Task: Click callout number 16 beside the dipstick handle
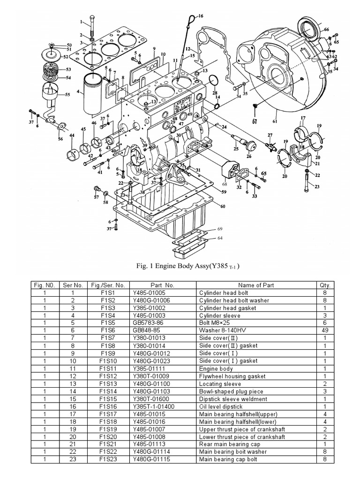[x=201, y=16]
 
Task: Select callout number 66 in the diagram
[x=326, y=30]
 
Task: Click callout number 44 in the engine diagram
[x=72, y=135]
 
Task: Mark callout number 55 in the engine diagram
[x=68, y=95]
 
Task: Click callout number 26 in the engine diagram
[x=249, y=157]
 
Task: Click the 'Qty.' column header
[x=324, y=285]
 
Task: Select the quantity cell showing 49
[x=324, y=330]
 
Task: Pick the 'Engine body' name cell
[x=216, y=369]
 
